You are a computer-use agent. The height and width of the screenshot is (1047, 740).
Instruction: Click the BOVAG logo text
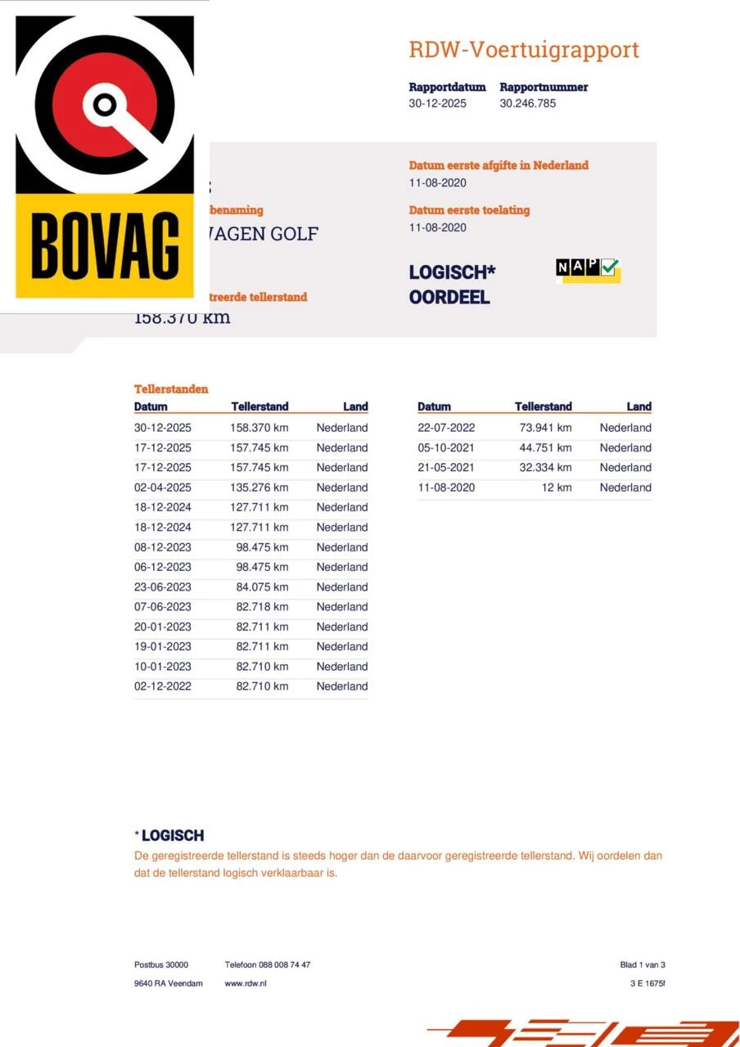tap(106, 245)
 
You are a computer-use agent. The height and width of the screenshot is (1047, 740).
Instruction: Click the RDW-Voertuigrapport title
tap(524, 50)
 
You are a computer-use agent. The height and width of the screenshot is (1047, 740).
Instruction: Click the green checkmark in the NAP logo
tap(610, 267)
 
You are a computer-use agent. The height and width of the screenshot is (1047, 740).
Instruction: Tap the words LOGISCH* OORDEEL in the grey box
tap(452, 285)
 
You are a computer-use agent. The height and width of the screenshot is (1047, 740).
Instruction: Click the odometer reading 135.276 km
tap(259, 488)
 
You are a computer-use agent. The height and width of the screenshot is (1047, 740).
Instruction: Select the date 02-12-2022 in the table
tap(163, 686)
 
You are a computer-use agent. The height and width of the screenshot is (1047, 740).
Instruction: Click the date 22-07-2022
tap(446, 428)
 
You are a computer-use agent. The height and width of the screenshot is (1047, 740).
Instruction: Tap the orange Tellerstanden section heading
tap(171, 389)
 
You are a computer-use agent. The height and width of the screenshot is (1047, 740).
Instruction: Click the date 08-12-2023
tap(163, 547)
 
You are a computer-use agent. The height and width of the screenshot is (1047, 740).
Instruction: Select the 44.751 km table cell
tap(545, 447)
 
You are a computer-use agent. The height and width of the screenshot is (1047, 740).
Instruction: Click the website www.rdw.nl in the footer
tap(246, 983)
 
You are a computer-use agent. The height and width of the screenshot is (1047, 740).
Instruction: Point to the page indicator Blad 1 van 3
tap(643, 965)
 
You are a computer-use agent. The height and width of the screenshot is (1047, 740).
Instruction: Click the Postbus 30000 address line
tap(161, 965)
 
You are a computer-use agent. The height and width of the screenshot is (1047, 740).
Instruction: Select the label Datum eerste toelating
tap(469, 210)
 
